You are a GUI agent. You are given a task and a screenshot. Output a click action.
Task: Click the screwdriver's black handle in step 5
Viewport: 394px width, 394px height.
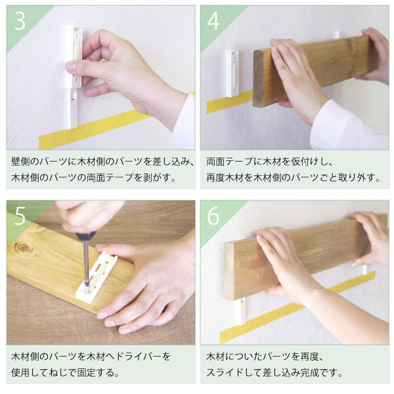point(86,236)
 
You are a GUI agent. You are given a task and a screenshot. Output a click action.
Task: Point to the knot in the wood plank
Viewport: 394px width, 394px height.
point(24,248)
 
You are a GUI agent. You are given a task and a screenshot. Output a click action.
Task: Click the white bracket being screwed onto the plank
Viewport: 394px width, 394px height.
point(97,277)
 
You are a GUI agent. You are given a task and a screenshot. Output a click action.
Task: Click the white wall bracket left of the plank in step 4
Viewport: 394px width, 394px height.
point(232,74)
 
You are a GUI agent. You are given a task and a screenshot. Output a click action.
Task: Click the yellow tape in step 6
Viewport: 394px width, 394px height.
point(297,309)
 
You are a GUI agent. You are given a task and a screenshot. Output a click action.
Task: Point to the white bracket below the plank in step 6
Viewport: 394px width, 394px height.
point(242,311)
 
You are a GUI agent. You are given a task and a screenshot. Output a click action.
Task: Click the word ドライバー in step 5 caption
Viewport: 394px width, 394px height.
point(139,357)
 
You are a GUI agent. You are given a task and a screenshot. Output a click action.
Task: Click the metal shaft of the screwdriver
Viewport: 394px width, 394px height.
point(87,263)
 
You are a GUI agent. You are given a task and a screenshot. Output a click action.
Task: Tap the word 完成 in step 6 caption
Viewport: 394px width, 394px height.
point(311,372)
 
